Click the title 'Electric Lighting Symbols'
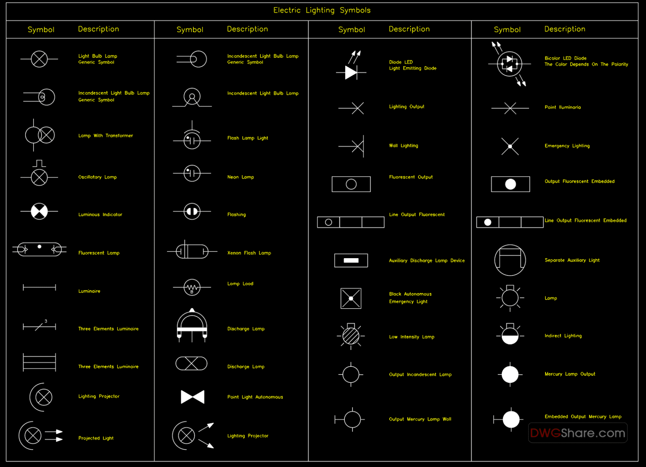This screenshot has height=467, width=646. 322,11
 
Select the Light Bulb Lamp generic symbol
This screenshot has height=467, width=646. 39,59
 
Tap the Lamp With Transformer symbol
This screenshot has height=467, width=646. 40,135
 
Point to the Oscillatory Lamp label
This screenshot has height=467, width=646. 98,177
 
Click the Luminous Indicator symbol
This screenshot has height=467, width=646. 39,211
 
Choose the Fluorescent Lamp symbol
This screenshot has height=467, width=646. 39,249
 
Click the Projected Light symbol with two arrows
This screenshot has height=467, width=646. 40,435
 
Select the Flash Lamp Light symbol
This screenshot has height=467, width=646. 192,139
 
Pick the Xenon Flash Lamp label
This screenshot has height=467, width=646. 249,253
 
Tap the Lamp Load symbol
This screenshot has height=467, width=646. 192,288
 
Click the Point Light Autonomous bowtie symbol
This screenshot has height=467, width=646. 193,397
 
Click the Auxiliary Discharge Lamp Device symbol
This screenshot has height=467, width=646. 351,261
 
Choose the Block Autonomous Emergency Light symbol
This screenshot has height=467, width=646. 351,299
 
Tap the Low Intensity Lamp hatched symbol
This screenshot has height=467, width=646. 351,336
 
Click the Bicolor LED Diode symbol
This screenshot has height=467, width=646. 509,64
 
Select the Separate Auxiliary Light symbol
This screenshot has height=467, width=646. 510,260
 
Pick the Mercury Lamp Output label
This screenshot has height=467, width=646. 570,374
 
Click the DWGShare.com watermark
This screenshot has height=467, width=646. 577,433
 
